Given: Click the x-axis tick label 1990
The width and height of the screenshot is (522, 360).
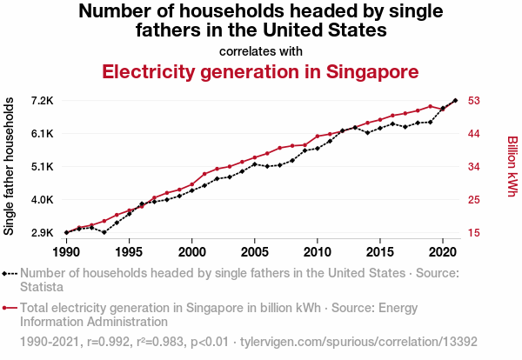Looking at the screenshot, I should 66,251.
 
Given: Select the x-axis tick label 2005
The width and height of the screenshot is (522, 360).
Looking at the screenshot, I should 254,251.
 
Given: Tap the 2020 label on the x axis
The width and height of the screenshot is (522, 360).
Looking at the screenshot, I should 443,251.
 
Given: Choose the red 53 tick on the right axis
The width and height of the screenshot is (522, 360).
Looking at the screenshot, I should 474,101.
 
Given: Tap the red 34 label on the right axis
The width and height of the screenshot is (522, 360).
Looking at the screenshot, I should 474,167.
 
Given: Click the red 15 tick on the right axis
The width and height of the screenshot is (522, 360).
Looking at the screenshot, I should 474,233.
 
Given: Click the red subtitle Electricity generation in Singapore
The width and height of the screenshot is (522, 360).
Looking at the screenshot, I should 260,71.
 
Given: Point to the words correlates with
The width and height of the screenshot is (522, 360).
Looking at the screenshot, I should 260,50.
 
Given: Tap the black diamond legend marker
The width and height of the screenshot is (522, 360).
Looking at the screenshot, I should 10,273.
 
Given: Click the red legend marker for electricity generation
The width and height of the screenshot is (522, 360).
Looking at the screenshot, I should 10,308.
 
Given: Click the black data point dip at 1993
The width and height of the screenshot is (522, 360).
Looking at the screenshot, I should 104,232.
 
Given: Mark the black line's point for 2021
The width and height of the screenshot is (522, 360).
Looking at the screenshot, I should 455,101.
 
